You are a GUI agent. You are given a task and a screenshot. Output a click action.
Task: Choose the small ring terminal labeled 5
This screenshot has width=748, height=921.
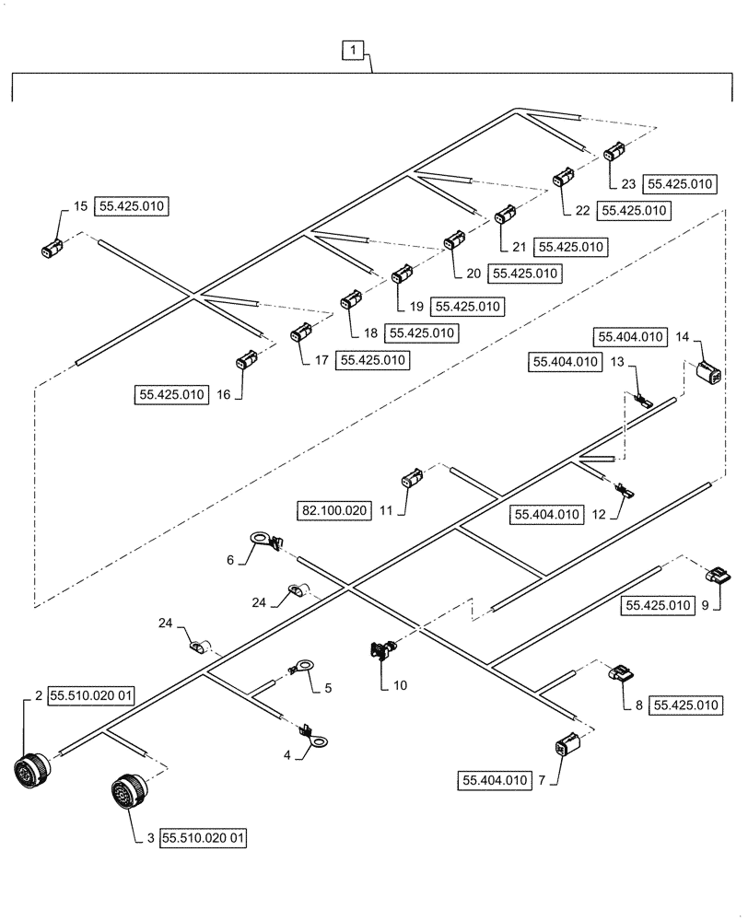tap(300, 665)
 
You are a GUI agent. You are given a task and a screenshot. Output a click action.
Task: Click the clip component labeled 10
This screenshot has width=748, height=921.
tap(380, 651)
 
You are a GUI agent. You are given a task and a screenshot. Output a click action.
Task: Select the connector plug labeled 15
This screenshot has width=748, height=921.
tap(53, 247)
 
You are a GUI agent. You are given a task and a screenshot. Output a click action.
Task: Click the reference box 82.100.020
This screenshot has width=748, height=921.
tap(335, 508)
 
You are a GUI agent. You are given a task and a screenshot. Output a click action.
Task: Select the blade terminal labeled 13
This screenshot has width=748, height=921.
tap(642, 402)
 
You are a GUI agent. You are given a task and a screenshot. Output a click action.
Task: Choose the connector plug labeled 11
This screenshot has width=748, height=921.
tap(410, 479)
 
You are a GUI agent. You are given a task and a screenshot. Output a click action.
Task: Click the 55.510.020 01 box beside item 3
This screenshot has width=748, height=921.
tap(205, 839)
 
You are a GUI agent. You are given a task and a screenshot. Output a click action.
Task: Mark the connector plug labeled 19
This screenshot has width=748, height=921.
tap(403, 274)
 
